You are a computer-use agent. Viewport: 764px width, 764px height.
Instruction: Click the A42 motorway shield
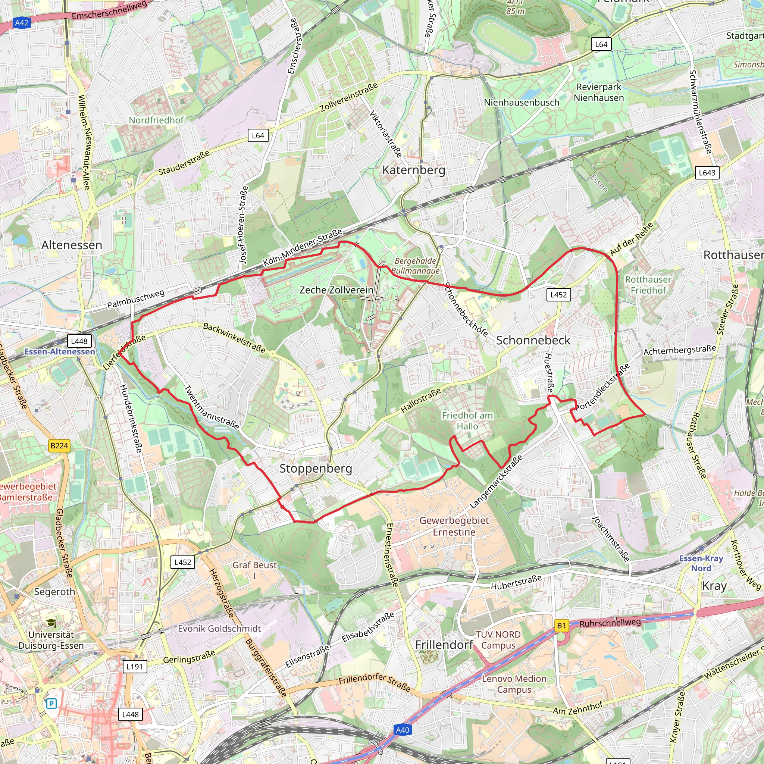click(21, 22)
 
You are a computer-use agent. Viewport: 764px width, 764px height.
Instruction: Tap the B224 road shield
click(59, 446)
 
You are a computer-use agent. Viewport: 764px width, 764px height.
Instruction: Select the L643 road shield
click(707, 172)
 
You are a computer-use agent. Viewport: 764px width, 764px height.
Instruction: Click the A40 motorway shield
click(402, 730)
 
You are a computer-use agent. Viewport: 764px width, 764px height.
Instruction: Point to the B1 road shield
click(561, 626)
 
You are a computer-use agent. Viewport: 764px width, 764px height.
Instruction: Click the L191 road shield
click(134, 666)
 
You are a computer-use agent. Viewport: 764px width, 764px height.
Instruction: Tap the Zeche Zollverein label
click(336, 290)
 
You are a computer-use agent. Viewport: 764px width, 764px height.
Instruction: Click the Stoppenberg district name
click(316, 468)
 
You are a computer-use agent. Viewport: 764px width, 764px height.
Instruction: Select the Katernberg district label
click(413, 170)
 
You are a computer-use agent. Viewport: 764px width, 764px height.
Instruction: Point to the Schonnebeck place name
click(533, 340)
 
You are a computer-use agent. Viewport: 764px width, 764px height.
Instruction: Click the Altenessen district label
click(72, 245)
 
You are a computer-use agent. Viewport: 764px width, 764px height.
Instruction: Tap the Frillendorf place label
click(444, 645)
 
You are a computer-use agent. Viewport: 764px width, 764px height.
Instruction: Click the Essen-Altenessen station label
click(60, 351)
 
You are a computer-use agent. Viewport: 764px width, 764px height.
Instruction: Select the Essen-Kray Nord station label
click(701, 563)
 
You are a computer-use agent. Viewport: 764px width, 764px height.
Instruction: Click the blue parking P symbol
click(51, 704)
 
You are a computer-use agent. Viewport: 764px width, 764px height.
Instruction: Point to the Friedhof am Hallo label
click(467, 421)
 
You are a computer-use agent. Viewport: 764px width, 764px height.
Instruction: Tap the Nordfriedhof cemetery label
click(156, 120)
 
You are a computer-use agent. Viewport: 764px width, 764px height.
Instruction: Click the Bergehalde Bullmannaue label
click(415, 266)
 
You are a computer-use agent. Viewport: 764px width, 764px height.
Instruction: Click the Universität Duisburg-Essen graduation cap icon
click(51, 623)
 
